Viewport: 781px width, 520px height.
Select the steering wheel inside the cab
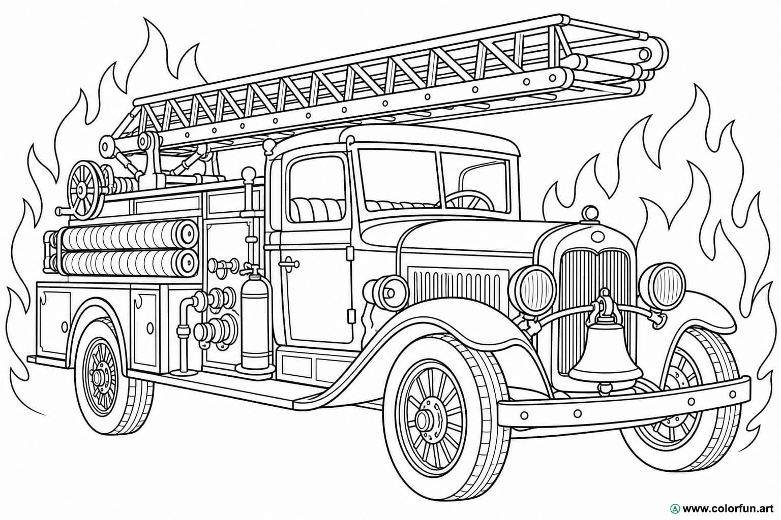(469, 201)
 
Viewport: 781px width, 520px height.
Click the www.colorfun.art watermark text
(728, 509)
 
